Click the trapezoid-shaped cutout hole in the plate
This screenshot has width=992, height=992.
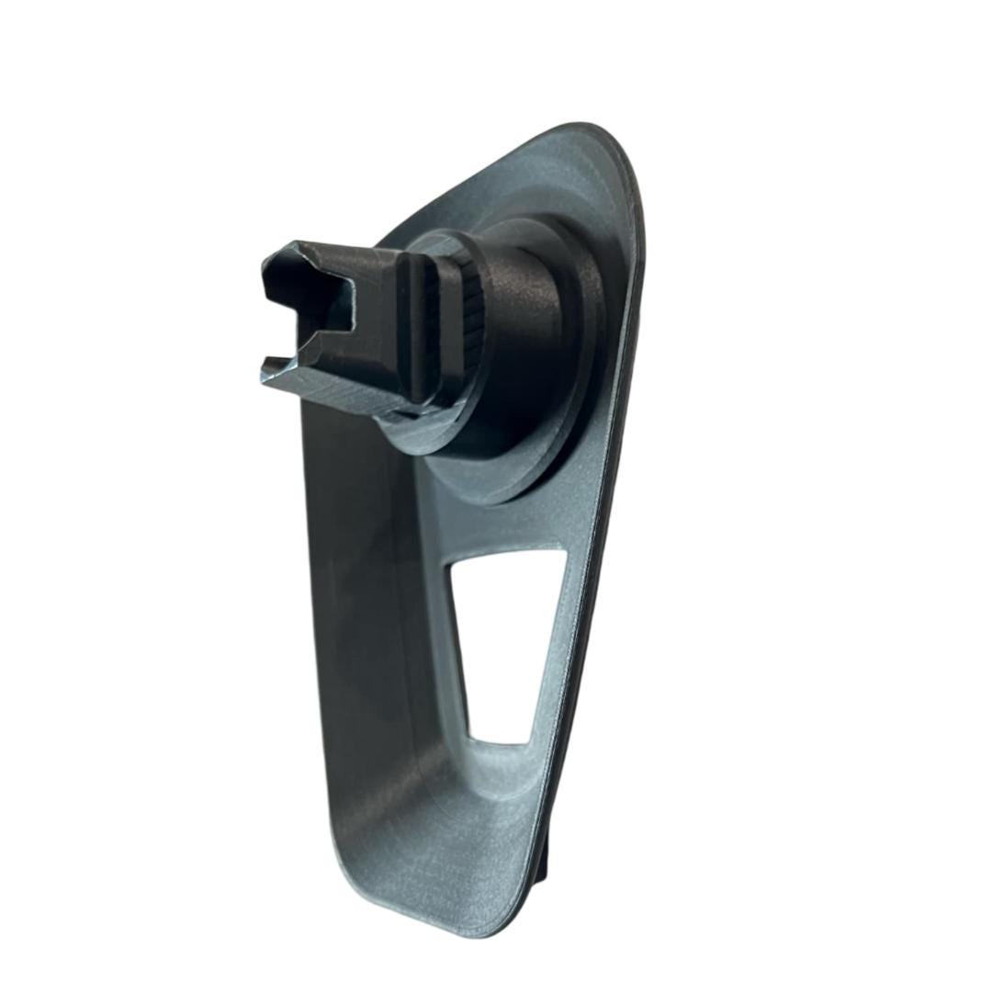tap(501, 634)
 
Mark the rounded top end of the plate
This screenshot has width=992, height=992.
tap(588, 138)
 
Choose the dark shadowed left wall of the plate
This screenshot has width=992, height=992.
tap(349, 597)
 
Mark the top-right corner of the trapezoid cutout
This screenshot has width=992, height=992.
tap(560, 551)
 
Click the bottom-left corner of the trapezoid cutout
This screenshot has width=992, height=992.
tap(470, 735)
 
